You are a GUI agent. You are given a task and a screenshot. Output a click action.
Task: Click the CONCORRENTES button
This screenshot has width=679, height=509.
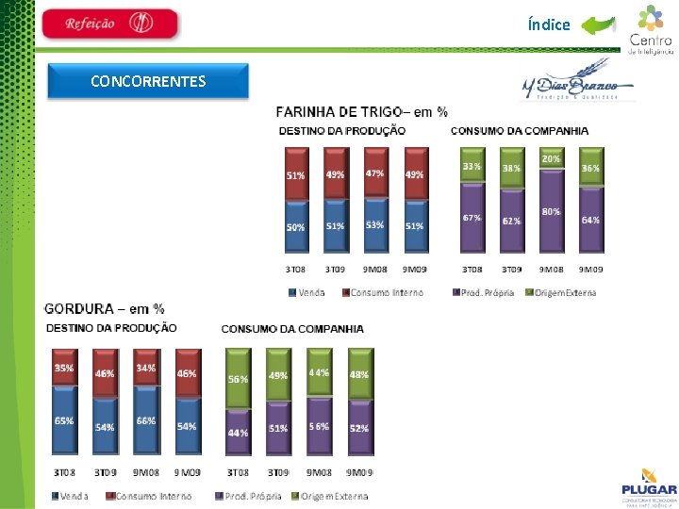[148, 81]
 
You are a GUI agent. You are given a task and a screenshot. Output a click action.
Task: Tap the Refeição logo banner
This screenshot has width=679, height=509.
[110, 24]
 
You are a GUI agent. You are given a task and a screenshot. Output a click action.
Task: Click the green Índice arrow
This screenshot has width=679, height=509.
[598, 25]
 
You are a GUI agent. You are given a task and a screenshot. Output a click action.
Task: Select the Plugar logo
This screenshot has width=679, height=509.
[649, 484]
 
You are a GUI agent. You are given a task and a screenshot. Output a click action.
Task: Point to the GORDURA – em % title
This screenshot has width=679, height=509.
[105, 308]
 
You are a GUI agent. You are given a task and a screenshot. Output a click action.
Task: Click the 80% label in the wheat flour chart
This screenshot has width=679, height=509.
[551, 212]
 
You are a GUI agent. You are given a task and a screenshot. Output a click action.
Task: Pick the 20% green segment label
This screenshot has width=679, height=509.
[551, 159]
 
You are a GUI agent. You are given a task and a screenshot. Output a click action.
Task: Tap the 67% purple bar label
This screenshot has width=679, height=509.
[472, 218]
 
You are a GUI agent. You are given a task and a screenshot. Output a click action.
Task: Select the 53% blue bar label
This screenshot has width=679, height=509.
[375, 225]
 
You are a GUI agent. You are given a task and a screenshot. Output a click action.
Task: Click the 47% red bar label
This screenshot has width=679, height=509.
[375, 173]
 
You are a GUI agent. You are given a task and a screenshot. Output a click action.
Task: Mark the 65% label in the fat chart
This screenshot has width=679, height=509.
[64, 420]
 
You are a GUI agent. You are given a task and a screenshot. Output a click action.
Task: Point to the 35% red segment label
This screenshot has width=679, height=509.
[64, 368]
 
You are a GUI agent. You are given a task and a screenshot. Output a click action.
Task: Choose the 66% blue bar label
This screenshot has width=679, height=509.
[145, 420]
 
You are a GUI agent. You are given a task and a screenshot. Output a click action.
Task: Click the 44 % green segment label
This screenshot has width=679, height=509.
[320, 372]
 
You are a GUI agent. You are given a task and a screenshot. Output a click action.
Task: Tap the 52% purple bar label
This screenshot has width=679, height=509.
[359, 428]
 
